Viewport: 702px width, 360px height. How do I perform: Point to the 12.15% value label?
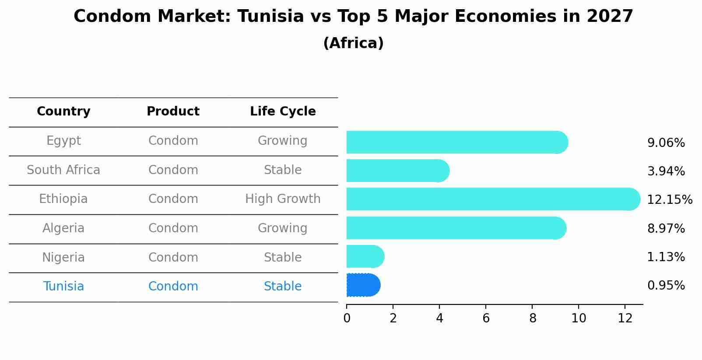(x=669, y=200)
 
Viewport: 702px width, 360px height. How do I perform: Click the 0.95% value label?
(x=666, y=286)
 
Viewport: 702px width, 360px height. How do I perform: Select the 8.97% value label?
(x=666, y=228)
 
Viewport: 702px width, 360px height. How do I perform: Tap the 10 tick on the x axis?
(x=579, y=318)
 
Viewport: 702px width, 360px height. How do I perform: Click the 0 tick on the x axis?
(x=347, y=318)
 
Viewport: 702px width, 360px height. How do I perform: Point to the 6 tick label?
(x=486, y=318)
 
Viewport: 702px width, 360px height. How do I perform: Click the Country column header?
(x=63, y=112)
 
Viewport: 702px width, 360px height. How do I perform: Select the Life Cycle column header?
(x=283, y=112)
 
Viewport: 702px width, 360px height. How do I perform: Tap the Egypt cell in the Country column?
(x=63, y=141)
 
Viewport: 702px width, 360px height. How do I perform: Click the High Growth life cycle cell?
(x=283, y=199)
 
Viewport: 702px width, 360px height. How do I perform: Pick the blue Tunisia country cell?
(x=63, y=287)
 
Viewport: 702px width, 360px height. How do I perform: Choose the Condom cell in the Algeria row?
(x=173, y=228)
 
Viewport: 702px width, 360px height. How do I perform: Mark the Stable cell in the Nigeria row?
(x=283, y=257)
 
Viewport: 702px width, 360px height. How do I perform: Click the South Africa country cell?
(x=63, y=170)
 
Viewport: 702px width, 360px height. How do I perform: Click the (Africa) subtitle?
(x=353, y=43)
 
